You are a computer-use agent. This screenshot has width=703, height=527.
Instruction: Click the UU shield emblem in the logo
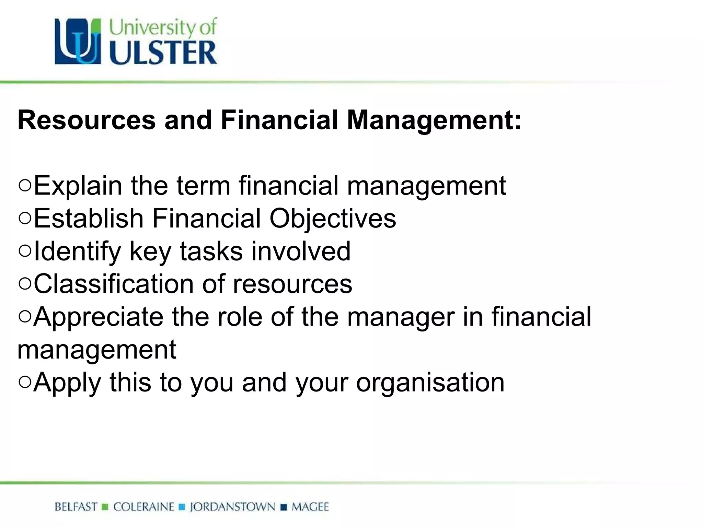coord(78,42)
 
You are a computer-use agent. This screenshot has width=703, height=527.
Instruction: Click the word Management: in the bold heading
coord(434,121)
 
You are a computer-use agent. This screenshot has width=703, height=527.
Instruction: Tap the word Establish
coord(89,218)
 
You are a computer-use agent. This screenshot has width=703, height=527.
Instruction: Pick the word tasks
coord(211,251)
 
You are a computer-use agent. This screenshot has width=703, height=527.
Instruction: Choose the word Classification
coord(114,284)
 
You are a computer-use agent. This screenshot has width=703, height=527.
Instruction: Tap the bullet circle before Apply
coord(25,382)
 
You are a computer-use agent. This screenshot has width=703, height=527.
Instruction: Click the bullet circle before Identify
coord(25,251)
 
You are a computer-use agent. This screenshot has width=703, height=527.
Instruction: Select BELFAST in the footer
coord(76,507)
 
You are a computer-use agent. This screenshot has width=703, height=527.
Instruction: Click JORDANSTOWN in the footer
coord(232,507)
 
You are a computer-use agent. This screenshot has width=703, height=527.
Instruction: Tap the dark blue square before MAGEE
coord(284,507)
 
